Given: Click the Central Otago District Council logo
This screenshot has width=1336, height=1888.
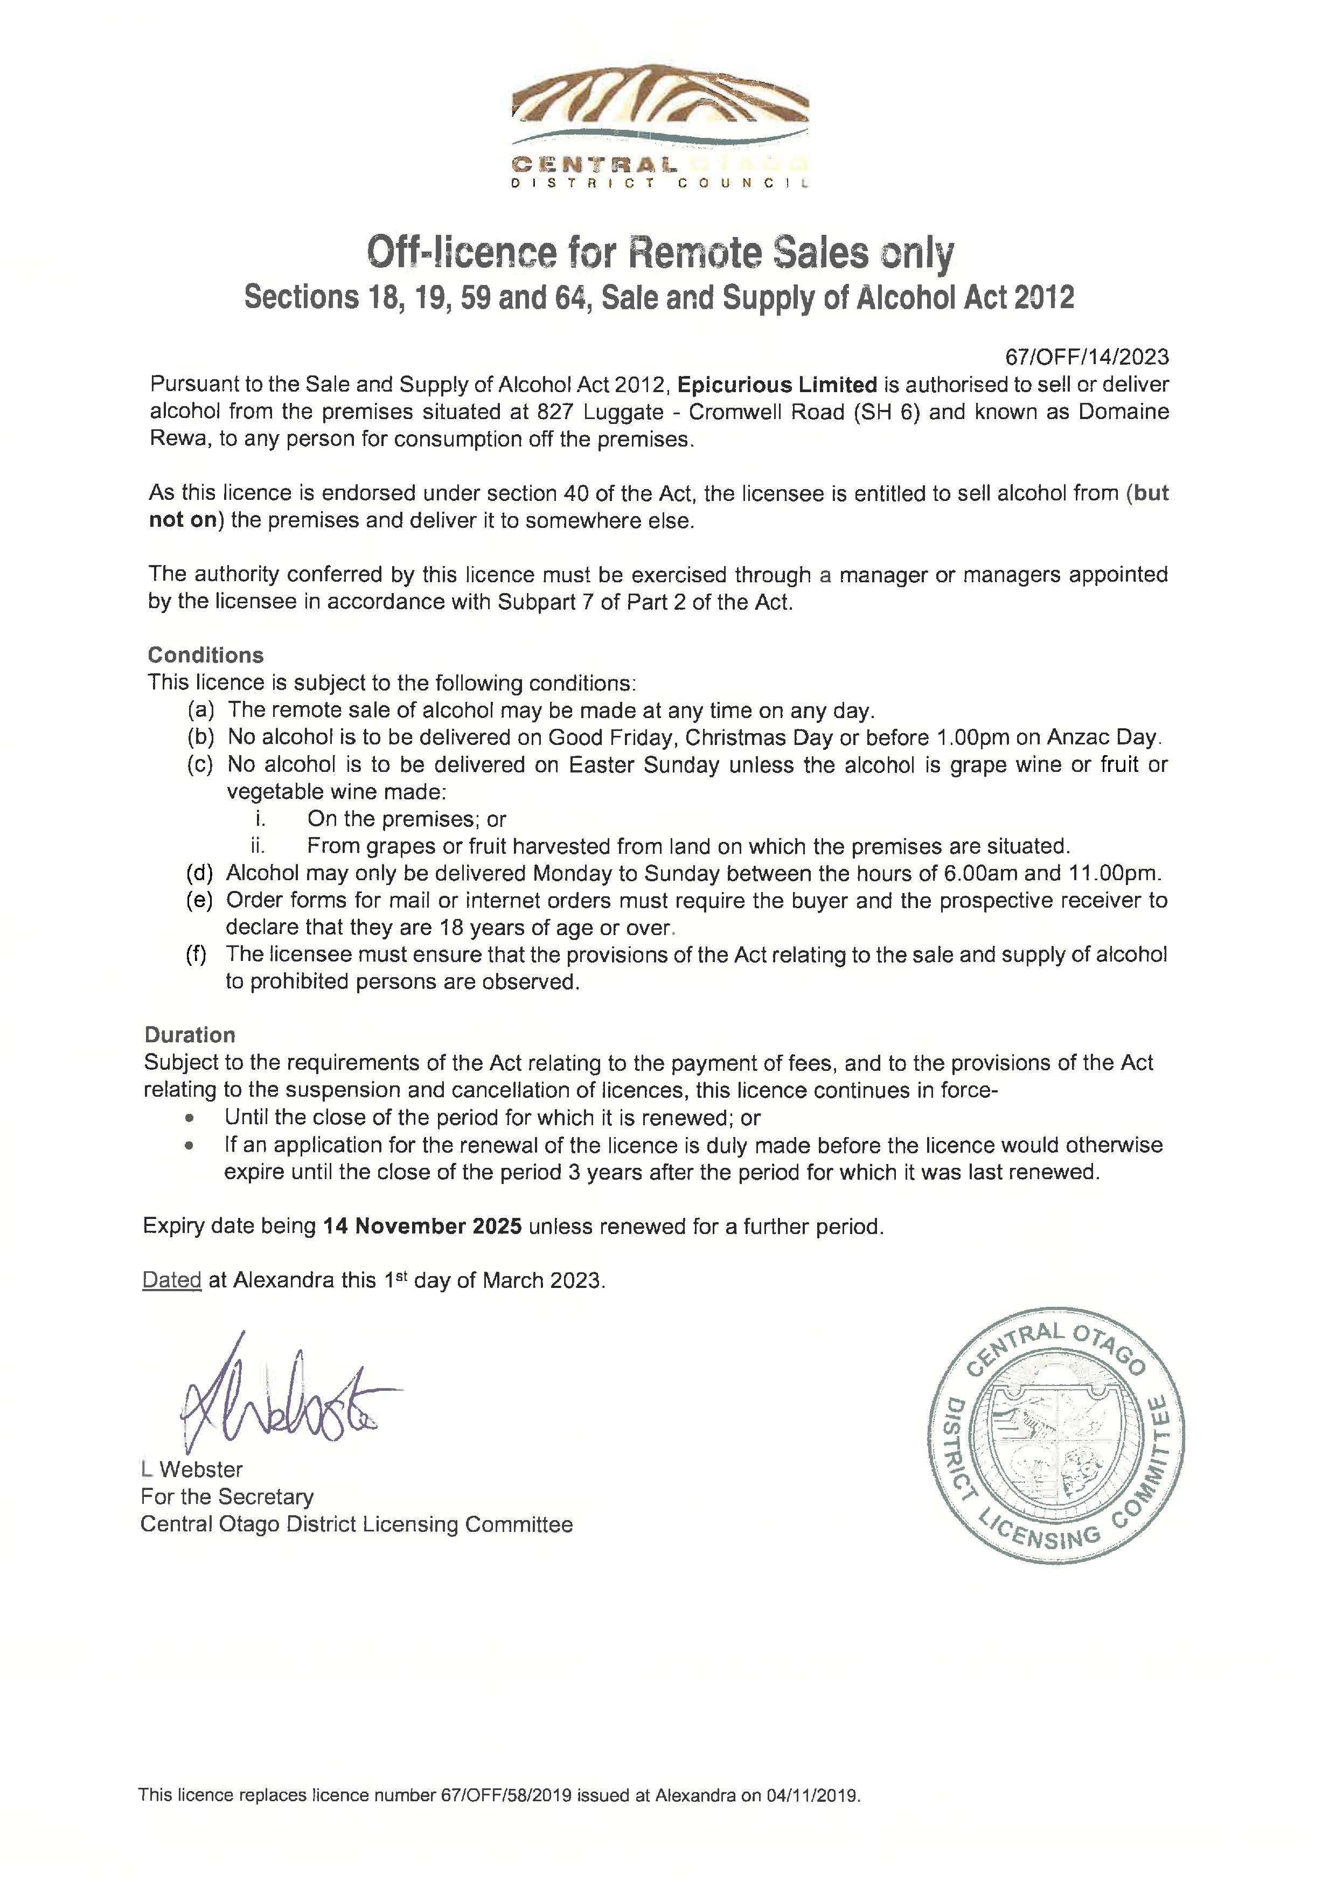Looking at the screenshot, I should click(x=660, y=125).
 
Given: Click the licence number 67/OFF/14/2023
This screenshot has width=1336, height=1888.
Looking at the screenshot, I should click(x=1086, y=356).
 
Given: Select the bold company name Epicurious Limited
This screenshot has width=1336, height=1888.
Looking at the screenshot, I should click(x=777, y=384).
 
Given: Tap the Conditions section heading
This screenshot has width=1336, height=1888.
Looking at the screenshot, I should click(x=206, y=655).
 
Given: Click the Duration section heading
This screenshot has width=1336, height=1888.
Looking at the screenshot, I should click(x=190, y=1034).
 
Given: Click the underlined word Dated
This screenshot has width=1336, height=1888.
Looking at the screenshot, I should click(x=172, y=1280).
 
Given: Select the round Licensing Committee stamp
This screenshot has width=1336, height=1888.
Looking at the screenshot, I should click(x=1057, y=1442).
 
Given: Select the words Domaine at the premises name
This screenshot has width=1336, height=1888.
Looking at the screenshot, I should click(x=1124, y=412).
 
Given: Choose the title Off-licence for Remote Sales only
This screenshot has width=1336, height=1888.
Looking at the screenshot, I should click(x=660, y=253).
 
